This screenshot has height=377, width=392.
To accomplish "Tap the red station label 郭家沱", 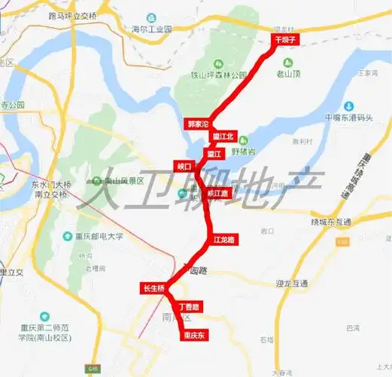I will (197, 123).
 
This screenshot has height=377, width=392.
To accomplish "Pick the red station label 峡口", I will (184, 165).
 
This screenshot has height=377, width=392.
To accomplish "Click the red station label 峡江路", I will (216, 193).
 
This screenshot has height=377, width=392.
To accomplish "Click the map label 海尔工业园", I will (152, 29).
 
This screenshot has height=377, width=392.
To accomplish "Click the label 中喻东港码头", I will (348, 118).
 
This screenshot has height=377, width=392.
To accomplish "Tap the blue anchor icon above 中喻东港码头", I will (348, 106).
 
